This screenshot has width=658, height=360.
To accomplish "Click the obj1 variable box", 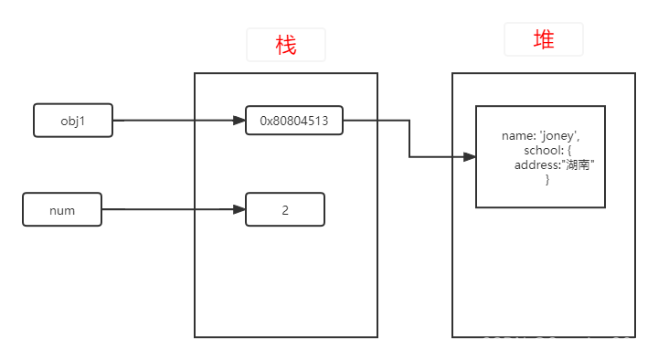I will [72, 121].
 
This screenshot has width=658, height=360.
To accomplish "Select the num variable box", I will [62, 210].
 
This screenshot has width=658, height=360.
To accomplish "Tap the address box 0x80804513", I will [293, 121].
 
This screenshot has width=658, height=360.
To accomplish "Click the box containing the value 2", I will [284, 210].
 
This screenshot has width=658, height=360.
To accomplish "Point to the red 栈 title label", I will [285, 45].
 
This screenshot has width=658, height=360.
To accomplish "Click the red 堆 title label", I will [543, 40].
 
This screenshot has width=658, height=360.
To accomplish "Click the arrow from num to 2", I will [173, 210].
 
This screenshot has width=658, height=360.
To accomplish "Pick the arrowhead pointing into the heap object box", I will [469, 157].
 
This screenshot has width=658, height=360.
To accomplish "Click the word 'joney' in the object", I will [558, 136].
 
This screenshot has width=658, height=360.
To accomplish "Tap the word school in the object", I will [542, 150].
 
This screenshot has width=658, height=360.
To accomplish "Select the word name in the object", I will [517, 136].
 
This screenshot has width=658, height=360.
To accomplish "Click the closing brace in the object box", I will [547, 180].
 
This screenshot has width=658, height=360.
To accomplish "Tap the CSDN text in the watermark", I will [504, 344].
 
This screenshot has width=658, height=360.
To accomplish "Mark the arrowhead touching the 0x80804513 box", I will [239, 121].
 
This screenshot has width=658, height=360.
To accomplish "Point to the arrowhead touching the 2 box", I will [239, 210].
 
